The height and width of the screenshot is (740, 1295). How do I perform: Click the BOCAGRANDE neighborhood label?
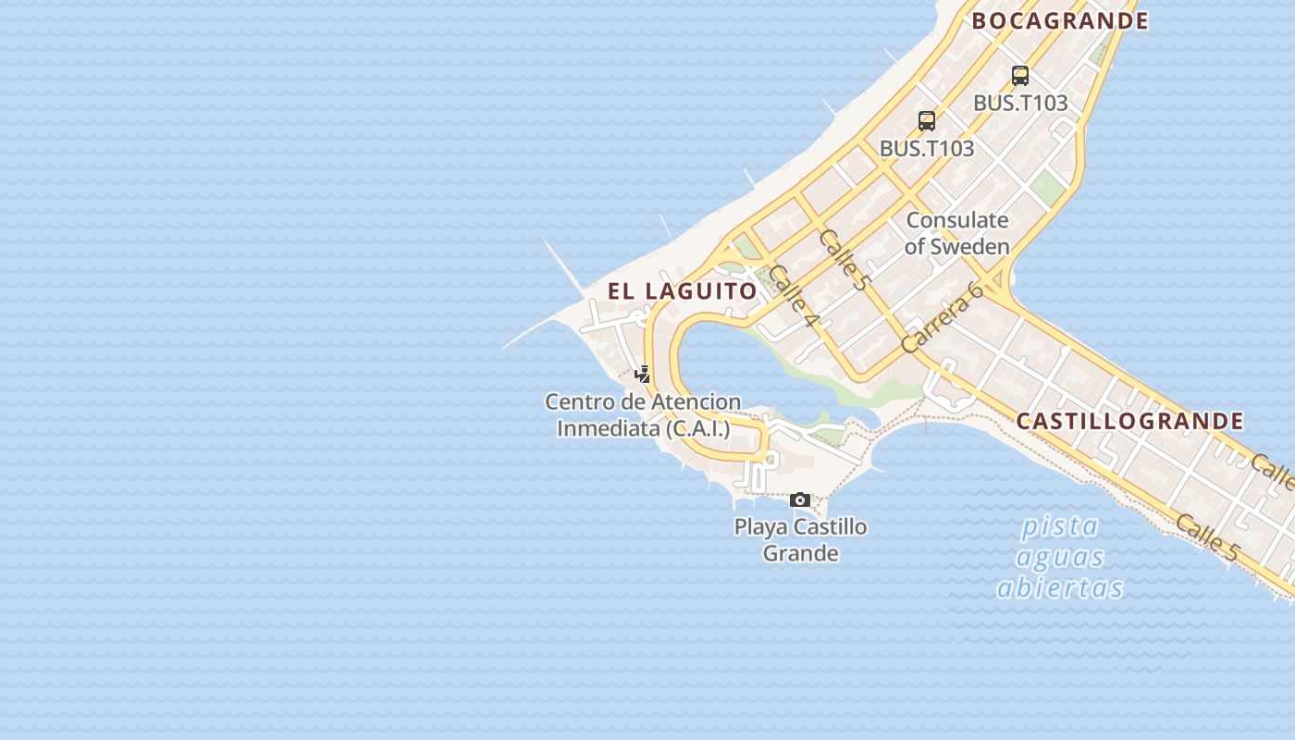point(1060,20)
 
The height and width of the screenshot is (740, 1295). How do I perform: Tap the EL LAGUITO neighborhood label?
point(683,290)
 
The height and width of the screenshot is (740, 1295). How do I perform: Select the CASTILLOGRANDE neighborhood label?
point(1129,421)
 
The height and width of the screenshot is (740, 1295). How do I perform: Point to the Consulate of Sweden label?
point(957,233)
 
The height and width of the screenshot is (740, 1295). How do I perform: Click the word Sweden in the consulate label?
point(969,247)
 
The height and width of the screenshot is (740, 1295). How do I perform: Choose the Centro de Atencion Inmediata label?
point(643,415)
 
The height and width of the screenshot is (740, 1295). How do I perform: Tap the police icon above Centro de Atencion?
point(642,375)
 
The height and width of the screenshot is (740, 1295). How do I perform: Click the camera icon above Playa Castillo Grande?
point(800,500)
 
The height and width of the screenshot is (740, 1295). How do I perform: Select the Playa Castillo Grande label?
point(800,540)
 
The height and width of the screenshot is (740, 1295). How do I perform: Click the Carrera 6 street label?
point(941,317)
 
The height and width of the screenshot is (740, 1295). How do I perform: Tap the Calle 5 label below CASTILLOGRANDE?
point(1206,537)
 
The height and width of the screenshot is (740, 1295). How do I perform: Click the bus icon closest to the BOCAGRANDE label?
point(1020,76)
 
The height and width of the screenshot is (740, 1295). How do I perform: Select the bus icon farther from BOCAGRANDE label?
point(927,121)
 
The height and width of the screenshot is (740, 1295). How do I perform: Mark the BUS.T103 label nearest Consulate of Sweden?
point(927,148)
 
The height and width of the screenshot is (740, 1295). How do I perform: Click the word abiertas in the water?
point(1060,588)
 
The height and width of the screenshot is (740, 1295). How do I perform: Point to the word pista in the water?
point(1060,527)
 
